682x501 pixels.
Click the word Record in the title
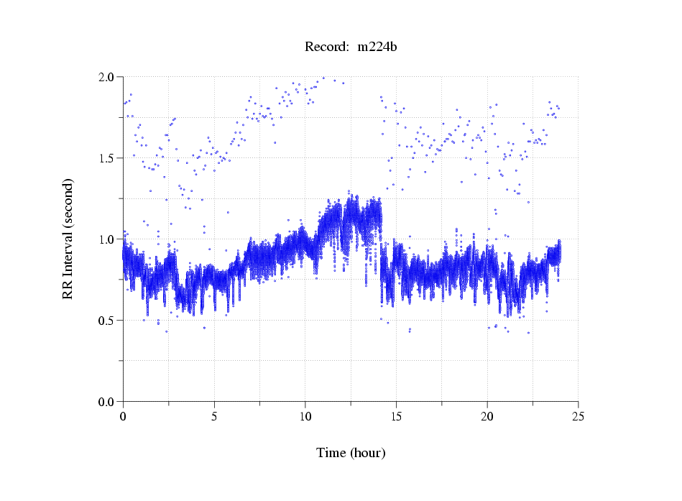tap(325, 47)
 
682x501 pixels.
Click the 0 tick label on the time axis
tap(123, 416)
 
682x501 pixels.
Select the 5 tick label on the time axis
tap(214, 416)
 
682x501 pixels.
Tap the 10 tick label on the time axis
tap(305, 416)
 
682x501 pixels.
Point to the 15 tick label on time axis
tap(396, 416)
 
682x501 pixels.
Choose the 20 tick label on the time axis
tap(487, 416)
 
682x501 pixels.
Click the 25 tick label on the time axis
tap(578, 416)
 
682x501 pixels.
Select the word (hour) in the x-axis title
tap(368, 453)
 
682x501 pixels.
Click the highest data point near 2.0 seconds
tap(323, 78)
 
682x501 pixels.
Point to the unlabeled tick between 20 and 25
tap(533, 404)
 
